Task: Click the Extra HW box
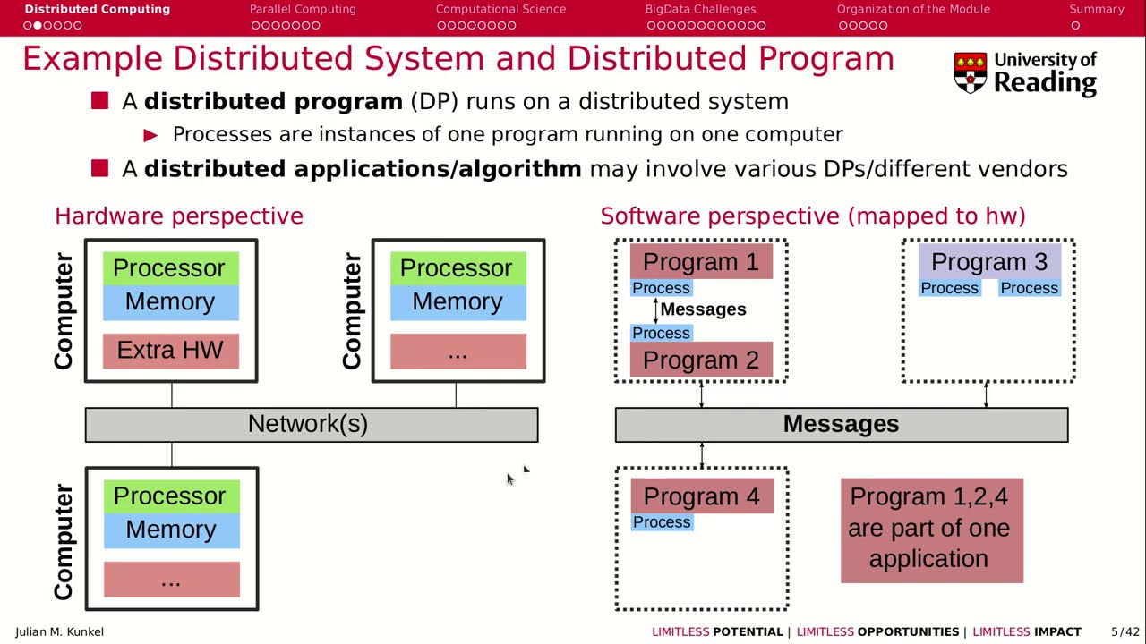click(x=170, y=351)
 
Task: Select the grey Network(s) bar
click(x=311, y=424)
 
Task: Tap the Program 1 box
click(x=701, y=262)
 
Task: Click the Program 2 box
click(x=701, y=360)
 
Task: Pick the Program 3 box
click(x=988, y=262)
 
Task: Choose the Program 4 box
click(x=701, y=496)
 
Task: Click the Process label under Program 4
click(x=662, y=522)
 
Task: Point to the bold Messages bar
click(x=841, y=424)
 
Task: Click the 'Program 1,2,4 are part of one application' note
click(x=931, y=530)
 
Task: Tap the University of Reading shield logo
click(x=970, y=72)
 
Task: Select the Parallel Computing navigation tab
click(x=303, y=9)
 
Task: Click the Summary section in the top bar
click(x=1096, y=9)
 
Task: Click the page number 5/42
click(x=1125, y=631)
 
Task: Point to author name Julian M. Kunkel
click(x=59, y=631)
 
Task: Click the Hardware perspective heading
click(x=179, y=216)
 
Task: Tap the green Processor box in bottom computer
click(x=170, y=496)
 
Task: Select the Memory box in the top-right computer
click(x=458, y=302)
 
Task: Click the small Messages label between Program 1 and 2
click(x=703, y=309)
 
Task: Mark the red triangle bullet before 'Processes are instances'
click(x=150, y=135)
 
